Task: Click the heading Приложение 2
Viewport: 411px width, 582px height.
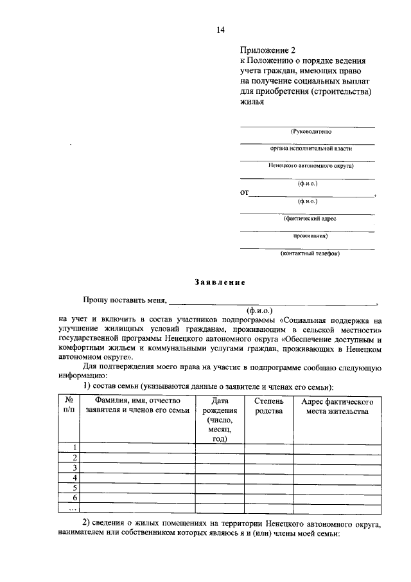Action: point(267,49)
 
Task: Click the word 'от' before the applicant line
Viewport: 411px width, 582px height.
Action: point(244,192)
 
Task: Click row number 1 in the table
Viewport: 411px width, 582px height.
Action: point(75,448)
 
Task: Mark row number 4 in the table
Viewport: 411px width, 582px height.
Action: point(75,478)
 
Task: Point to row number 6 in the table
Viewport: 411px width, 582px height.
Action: point(75,498)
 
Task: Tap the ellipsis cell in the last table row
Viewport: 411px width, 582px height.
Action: point(72,508)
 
